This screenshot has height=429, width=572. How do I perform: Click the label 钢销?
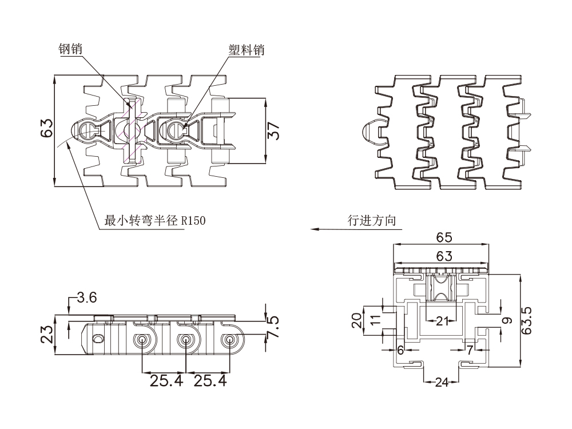(x=70, y=49)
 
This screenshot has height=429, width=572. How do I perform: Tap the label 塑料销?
(x=247, y=50)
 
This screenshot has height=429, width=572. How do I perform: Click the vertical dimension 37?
(x=275, y=132)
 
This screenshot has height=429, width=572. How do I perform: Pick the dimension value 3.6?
(x=87, y=297)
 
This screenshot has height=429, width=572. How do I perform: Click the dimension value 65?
(x=444, y=237)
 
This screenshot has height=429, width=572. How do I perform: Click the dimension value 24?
(x=442, y=383)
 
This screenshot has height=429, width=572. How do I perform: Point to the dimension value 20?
(x=357, y=321)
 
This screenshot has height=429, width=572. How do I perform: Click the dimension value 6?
(x=400, y=349)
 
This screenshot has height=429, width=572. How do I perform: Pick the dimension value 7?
(x=470, y=349)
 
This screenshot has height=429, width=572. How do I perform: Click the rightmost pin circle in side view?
(x=229, y=340)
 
